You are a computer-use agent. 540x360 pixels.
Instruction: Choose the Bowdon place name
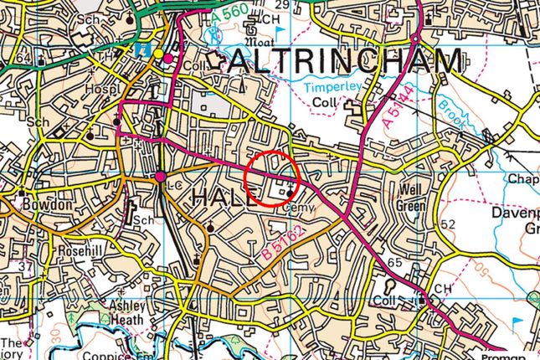click(41, 203)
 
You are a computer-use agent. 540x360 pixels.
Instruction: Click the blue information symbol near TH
click(144, 50)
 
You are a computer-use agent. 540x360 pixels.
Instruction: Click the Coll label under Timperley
click(321, 102)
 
